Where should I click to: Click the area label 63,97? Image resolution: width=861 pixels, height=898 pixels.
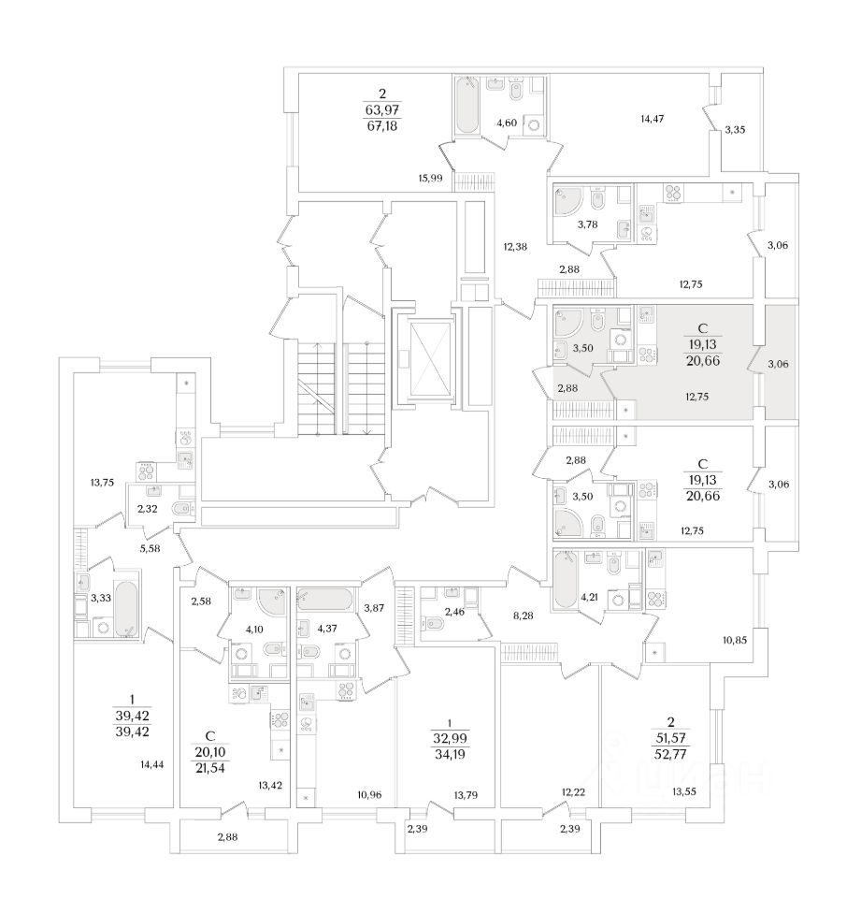[x=381, y=109]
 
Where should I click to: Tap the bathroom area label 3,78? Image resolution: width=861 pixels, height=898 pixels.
[x=587, y=224]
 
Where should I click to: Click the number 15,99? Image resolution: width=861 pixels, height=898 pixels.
[x=430, y=178]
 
